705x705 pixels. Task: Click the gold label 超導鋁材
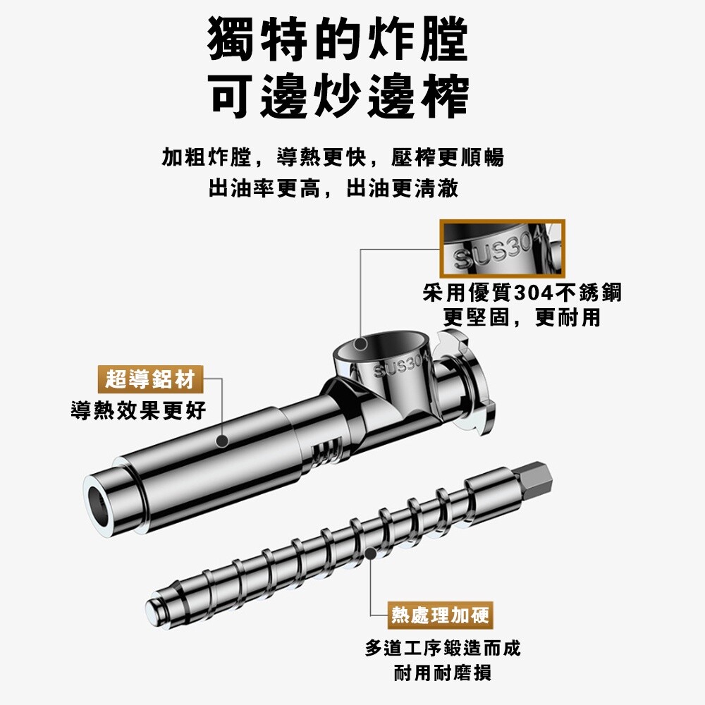coord(151,379)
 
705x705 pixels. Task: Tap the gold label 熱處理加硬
coord(440,615)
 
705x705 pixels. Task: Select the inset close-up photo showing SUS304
coord(502,249)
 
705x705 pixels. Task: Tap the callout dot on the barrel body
coord(221,441)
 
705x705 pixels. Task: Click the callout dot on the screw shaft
coord(369,553)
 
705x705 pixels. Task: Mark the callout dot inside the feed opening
coord(360,345)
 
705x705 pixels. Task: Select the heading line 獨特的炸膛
coord(338,39)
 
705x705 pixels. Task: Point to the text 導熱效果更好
coord(138,410)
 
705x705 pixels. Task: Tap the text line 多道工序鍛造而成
coord(443,648)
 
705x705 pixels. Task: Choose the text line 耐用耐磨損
coord(443,673)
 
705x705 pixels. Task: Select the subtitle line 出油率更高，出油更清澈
coord(333,188)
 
